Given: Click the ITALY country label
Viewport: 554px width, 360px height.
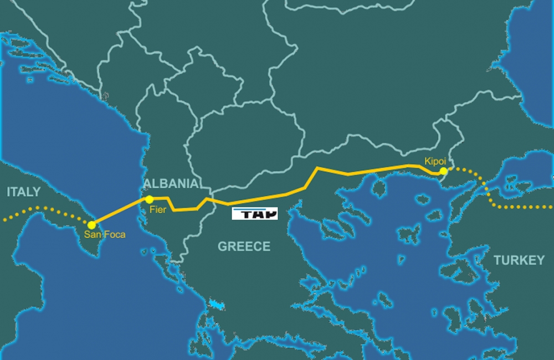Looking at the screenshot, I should pyautogui.click(x=24, y=192).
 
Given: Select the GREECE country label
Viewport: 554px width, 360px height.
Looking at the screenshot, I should pyautogui.click(x=244, y=246).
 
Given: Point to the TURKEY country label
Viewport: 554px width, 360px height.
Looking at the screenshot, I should pyautogui.click(x=519, y=260).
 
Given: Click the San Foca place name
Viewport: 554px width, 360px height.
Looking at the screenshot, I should pyautogui.click(x=105, y=235).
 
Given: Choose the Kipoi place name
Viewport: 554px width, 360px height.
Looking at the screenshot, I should pyautogui.click(x=435, y=161).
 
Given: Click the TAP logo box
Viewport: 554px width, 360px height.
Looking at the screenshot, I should pyautogui.click(x=254, y=214).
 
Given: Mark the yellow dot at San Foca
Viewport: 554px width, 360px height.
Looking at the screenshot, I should pyautogui.click(x=91, y=225).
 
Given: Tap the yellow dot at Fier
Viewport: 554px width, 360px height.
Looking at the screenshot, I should pyautogui.click(x=149, y=199).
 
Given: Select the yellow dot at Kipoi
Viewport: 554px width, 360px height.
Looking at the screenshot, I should pyautogui.click(x=443, y=172).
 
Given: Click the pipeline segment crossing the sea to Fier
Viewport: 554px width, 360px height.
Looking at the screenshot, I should pyautogui.click(x=120, y=212).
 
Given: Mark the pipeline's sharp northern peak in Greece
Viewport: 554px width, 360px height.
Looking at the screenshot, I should pyautogui.click(x=317, y=167).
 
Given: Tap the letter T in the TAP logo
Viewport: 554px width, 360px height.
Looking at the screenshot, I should pyautogui.click(x=241, y=214).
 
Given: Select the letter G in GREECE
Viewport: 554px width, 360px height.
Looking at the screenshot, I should pyautogui.click(x=222, y=246).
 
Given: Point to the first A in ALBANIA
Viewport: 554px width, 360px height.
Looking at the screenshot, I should pyautogui.click(x=148, y=184).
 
